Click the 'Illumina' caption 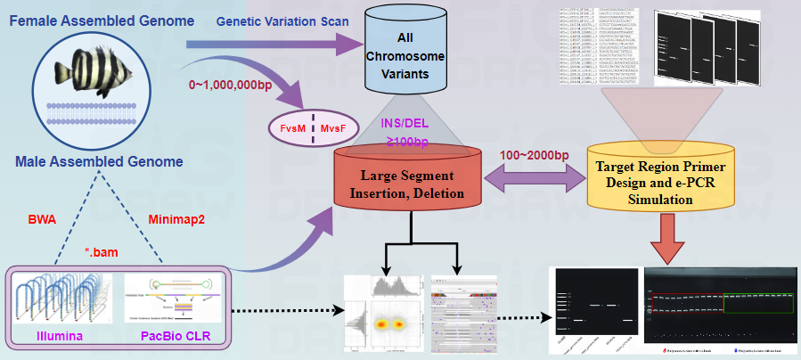(x=60, y=335)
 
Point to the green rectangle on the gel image (x=757, y=302)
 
